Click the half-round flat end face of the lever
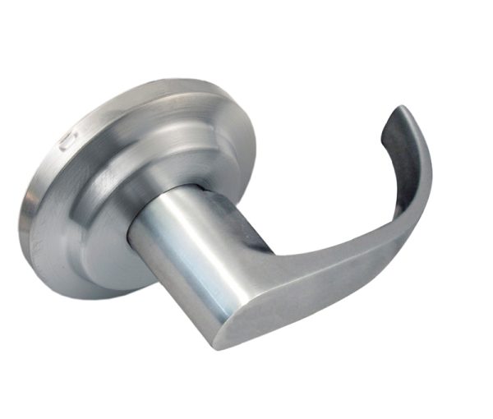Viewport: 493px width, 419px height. (238, 316)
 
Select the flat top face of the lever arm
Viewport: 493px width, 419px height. (320, 246)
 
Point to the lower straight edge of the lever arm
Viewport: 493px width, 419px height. (329, 304)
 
